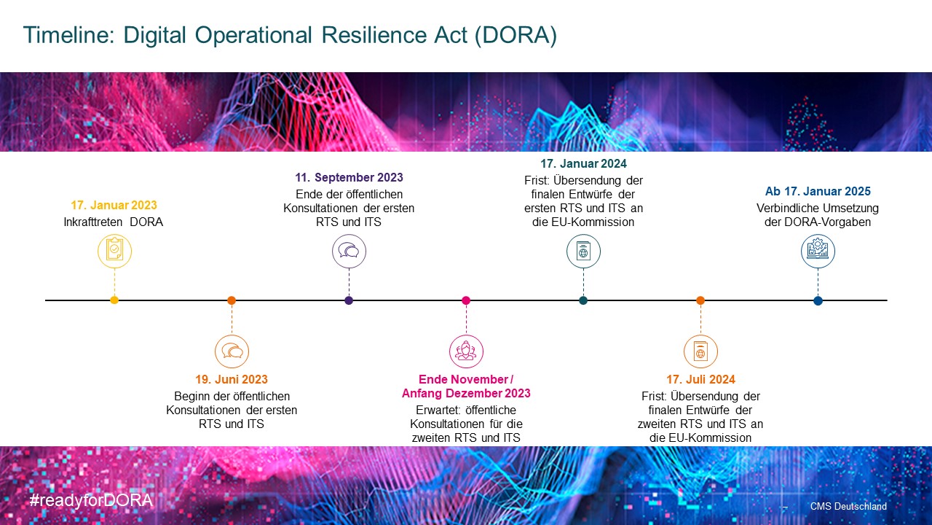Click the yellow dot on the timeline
pyautogui.click(x=114, y=300)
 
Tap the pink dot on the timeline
pyautogui.click(x=466, y=300)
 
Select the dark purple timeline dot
pyautogui.click(x=349, y=300)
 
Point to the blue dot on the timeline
pyautogui.click(x=818, y=300)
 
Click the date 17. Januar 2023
pyautogui.click(x=114, y=205)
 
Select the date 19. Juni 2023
pyautogui.click(x=232, y=379)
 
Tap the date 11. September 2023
pyautogui.click(x=349, y=177)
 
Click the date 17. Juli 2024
pyautogui.click(x=700, y=379)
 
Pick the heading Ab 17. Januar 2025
pyautogui.click(x=818, y=191)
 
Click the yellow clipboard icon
pyautogui.click(x=114, y=251)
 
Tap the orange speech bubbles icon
pyautogui.click(x=232, y=351)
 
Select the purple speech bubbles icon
pyautogui.click(x=349, y=251)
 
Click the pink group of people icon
pyautogui.click(x=466, y=351)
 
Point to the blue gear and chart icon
pyautogui.click(x=818, y=251)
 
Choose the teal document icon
pyautogui.click(x=583, y=251)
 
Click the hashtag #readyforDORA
pyautogui.click(x=91, y=500)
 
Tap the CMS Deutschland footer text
pyautogui.click(x=848, y=506)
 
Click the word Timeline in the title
pyautogui.click(x=68, y=34)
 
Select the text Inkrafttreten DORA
pyautogui.click(x=113, y=222)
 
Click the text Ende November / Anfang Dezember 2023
pyautogui.click(x=466, y=386)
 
